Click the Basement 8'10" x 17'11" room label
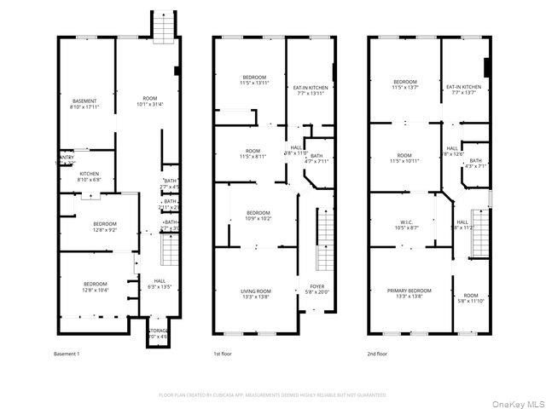tap(84, 104)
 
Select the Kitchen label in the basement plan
tap(90, 177)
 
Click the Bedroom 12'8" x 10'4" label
tap(95, 287)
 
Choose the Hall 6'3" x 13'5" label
tap(160, 285)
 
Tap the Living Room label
tap(255, 294)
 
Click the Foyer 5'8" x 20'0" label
tap(317, 289)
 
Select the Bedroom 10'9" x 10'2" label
tap(258, 215)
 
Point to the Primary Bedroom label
tap(403, 293)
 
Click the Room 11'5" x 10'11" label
tap(404, 158)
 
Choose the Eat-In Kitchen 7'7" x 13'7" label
tap(464, 89)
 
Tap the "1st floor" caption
tap(224, 353)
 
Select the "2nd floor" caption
tap(379, 353)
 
